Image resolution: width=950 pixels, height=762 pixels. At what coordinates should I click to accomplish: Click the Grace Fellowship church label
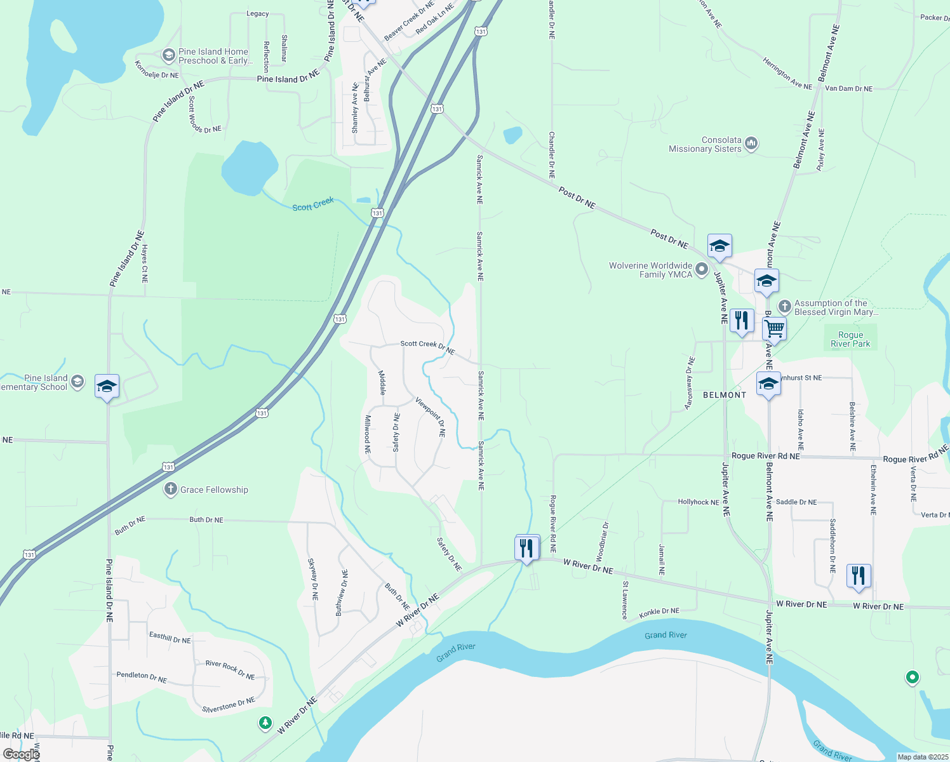214,490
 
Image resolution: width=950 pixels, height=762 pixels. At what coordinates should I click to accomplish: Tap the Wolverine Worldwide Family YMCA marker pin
702,270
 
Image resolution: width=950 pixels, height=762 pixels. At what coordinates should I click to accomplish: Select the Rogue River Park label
850,339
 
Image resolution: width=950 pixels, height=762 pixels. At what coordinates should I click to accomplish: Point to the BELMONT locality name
725,395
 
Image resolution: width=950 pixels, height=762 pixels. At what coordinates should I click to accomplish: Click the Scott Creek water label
313,204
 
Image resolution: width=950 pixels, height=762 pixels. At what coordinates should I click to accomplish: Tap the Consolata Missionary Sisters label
705,144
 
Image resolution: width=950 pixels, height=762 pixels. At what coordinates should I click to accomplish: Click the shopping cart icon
774,329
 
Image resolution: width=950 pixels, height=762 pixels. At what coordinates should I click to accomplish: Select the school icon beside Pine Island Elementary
107,386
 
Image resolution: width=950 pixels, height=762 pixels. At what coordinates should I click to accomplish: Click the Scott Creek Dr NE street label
427,346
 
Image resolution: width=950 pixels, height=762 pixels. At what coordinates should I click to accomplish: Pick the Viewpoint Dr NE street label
431,417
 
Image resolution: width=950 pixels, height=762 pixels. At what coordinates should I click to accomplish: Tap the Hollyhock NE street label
698,502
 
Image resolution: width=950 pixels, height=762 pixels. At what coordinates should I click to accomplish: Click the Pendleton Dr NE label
142,677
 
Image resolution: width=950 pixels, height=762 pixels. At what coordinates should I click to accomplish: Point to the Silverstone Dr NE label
229,705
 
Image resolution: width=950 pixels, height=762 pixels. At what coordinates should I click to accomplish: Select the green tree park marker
265,723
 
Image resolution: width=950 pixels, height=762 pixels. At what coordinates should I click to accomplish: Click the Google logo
20,754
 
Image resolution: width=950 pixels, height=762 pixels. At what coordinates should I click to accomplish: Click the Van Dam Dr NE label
848,89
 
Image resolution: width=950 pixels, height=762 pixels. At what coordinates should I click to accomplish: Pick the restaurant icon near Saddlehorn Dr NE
858,576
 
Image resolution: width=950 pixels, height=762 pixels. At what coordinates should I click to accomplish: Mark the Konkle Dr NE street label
659,612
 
